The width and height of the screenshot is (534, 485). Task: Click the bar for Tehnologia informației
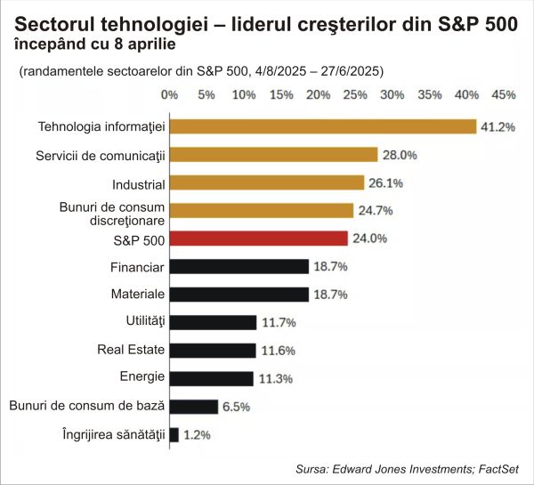(x=322, y=126)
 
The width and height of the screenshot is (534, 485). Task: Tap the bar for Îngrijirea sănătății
(x=174, y=434)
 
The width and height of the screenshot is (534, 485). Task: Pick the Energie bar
(x=211, y=378)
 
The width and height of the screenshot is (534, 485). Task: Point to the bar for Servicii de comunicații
(x=273, y=155)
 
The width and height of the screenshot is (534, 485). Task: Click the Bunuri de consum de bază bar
(x=193, y=407)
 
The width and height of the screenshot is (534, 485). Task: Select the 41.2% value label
(x=498, y=127)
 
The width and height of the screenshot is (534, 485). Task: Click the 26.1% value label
(x=386, y=183)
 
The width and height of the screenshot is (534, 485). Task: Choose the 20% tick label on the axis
(x=317, y=94)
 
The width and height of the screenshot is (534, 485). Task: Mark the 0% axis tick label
(x=169, y=94)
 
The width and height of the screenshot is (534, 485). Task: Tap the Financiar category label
(x=137, y=265)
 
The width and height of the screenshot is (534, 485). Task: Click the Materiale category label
(x=138, y=294)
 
